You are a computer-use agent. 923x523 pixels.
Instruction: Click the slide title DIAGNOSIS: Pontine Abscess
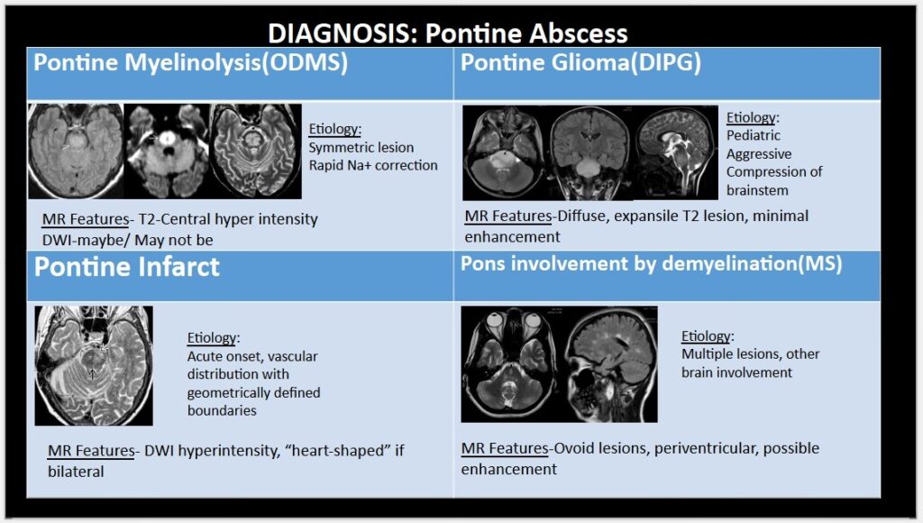(x=448, y=33)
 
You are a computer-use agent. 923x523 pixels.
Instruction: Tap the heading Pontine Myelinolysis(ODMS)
(x=191, y=62)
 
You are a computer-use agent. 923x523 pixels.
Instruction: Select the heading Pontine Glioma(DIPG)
(x=580, y=62)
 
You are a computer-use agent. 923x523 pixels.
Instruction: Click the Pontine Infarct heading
(x=126, y=267)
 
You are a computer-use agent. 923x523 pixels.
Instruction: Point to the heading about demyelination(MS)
(x=651, y=263)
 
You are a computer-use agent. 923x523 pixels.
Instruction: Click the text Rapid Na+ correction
(x=373, y=166)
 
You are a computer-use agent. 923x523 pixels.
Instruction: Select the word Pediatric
(x=753, y=135)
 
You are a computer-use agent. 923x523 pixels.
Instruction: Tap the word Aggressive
(x=759, y=154)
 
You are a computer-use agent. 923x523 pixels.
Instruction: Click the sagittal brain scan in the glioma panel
(x=676, y=152)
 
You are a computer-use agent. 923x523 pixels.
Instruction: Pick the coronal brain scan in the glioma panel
(x=589, y=152)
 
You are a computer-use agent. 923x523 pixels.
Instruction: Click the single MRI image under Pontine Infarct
(x=94, y=365)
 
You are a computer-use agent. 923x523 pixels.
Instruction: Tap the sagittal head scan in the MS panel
(x=612, y=364)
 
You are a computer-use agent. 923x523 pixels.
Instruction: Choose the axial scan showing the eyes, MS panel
(x=513, y=364)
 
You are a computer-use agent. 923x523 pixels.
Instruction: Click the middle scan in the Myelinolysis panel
(x=168, y=151)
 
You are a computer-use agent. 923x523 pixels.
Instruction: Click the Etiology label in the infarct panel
(x=213, y=338)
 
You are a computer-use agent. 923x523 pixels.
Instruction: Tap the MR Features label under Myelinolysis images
(x=86, y=219)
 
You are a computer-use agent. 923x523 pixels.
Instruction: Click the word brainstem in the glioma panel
(x=757, y=190)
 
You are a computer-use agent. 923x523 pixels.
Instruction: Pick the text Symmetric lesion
(x=361, y=147)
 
